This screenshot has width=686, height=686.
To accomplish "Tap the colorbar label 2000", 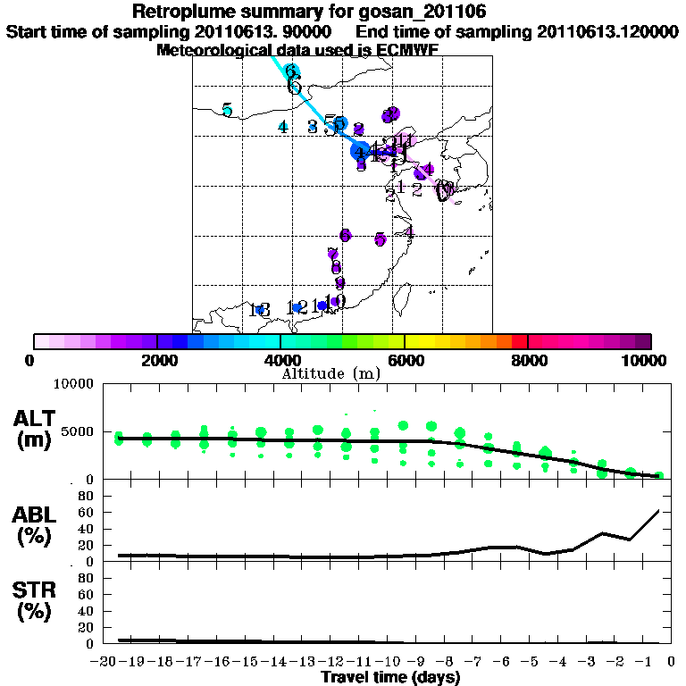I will pyautogui.click(x=157, y=361).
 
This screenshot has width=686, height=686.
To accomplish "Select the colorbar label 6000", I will pyautogui.click(x=405, y=361).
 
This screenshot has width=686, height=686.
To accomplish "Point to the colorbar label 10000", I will pyautogui.click(x=645, y=361).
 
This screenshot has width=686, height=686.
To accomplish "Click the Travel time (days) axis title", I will pyautogui.click(x=390, y=678).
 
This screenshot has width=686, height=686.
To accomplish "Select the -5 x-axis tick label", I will pyautogui.click(x=534, y=662).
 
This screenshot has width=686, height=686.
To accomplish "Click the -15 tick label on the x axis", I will pyautogui.click(x=249, y=662).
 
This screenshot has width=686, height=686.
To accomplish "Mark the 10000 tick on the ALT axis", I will pyautogui.click(x=74, y=384).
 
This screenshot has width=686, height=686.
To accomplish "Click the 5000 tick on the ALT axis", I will pyautogui.click(x=78, y=432).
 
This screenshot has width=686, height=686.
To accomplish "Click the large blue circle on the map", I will pyautogui.click(x=360, y=151).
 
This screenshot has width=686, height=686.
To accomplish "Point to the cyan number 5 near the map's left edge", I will pyautogui.click(x=228, y=110).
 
